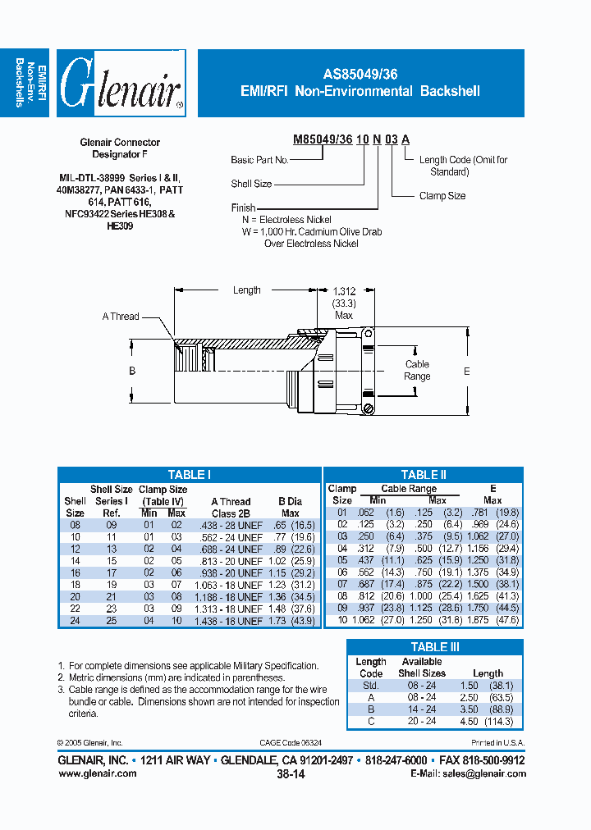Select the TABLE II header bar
424,475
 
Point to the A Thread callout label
121,317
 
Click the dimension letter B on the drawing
131,372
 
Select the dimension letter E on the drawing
467,372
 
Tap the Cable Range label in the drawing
417,370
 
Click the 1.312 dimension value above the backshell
344,290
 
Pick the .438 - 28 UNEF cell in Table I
231,525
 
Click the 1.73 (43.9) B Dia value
290,621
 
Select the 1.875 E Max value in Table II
492,620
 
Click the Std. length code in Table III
370,685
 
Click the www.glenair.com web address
98,773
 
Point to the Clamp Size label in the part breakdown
442,196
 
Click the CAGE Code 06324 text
291,741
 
